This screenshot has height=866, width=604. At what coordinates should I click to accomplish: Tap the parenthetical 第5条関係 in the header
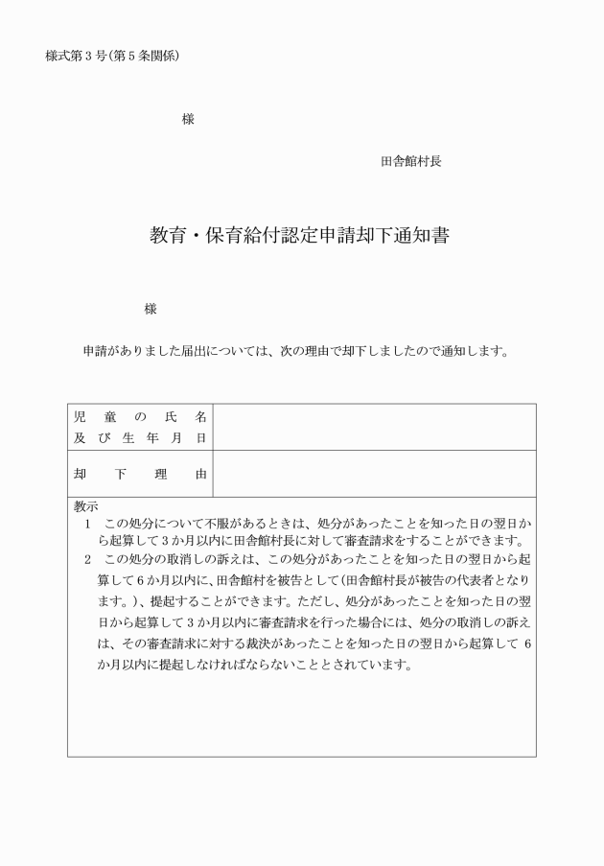[x=153, y=56]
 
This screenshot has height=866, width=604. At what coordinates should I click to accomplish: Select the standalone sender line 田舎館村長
[x=411, y=162]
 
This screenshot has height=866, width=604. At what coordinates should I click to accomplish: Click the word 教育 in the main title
[x=165, y=236]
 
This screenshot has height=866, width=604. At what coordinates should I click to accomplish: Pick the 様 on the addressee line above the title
[x=188, y=120]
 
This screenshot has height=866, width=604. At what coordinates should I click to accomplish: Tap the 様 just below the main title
[x=151, y=309]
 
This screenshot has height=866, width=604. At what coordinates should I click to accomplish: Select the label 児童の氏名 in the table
[x=140, y=417]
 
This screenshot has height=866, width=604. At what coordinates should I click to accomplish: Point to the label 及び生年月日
[x=140, y=437]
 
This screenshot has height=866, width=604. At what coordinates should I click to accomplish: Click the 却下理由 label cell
[x=140, y=474]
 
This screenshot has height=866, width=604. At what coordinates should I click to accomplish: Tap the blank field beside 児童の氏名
[x=374, y=427]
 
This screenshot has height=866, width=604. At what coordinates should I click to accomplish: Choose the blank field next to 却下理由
[x=374, y=474]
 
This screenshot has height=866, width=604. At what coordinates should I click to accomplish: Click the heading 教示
[x=86, y=506]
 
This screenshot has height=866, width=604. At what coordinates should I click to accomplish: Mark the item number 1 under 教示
[x=87, y=525]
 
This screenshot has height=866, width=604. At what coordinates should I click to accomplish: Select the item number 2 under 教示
[x=87, y=558]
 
